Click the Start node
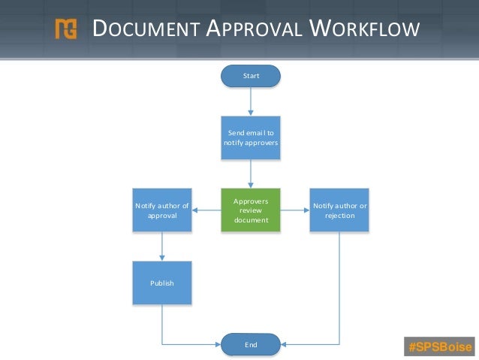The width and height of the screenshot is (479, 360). (250, 76)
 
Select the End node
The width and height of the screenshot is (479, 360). (250, 344)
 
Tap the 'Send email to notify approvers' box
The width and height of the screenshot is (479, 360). (250, 138)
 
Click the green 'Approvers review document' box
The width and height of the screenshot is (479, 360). (250, 210)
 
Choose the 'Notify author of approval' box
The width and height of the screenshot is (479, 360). (161, 210)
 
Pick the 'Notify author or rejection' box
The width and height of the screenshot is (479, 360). (339, 210)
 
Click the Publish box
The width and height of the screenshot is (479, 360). (161, 283)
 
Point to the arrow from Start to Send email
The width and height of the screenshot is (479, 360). (250, 101)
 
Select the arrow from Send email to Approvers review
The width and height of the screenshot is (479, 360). (250, 174)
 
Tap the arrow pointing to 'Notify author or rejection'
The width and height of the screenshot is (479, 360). (295, 210)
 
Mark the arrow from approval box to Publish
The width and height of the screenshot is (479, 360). (161, 246)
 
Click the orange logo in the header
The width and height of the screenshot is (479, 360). (66, 29)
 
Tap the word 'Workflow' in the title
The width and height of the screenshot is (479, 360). (363, 29)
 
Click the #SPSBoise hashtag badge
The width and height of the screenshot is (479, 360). (438, 346)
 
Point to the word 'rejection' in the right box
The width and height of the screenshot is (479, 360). (339, 216)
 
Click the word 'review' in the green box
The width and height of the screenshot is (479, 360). (250, 210)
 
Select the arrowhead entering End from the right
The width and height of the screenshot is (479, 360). (285, 344)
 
